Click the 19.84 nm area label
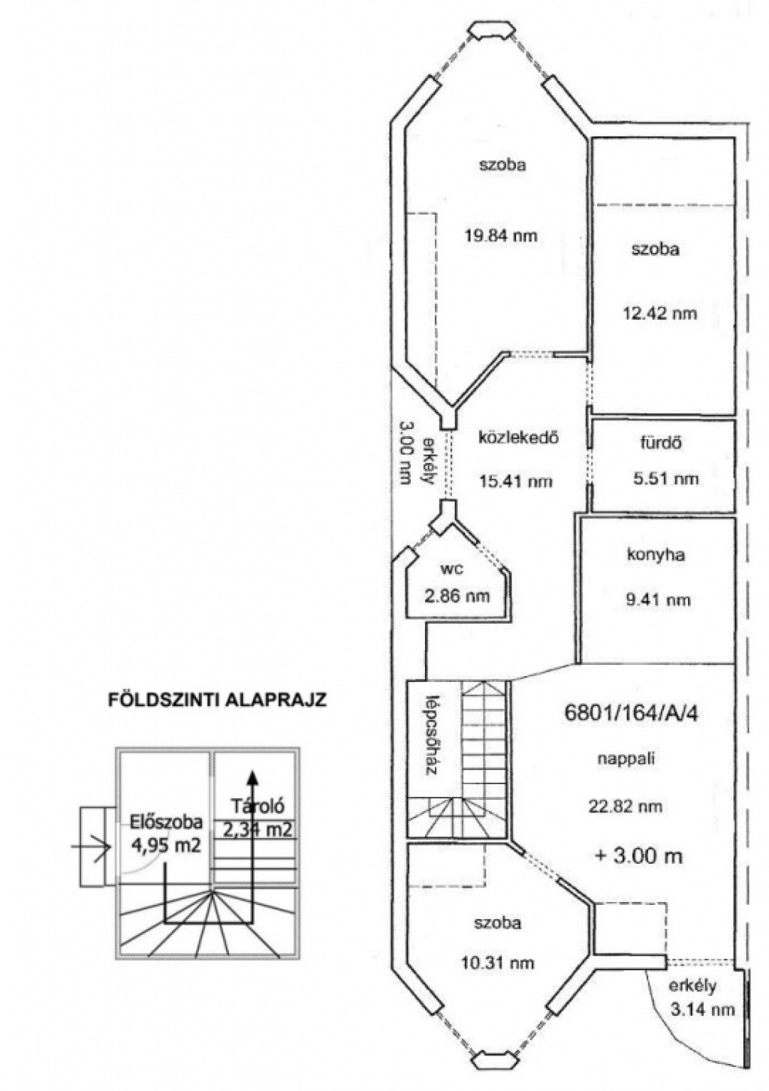point(500,236)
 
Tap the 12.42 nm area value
point(660,313)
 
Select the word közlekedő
point(517,437)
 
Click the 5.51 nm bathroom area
point(665,479)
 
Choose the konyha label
point(655,555)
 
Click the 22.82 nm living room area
point(626,806)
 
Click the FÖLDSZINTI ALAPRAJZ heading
point(217,700)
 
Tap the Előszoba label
point(166,822)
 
